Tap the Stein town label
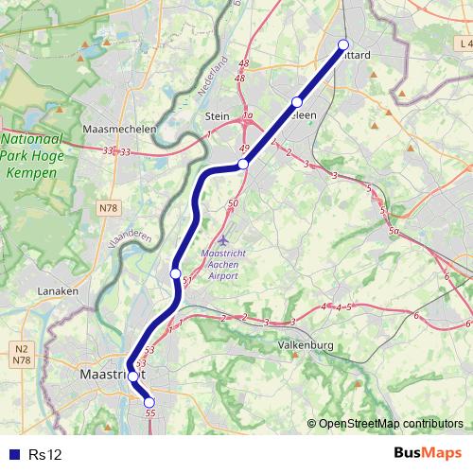218,116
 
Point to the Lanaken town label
58,291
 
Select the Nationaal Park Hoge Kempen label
29,149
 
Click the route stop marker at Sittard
342,44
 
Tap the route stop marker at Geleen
297,102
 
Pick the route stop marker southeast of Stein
243,164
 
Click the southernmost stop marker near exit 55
149,402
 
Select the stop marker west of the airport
175,273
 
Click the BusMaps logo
428,454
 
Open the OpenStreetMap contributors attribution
390,423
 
